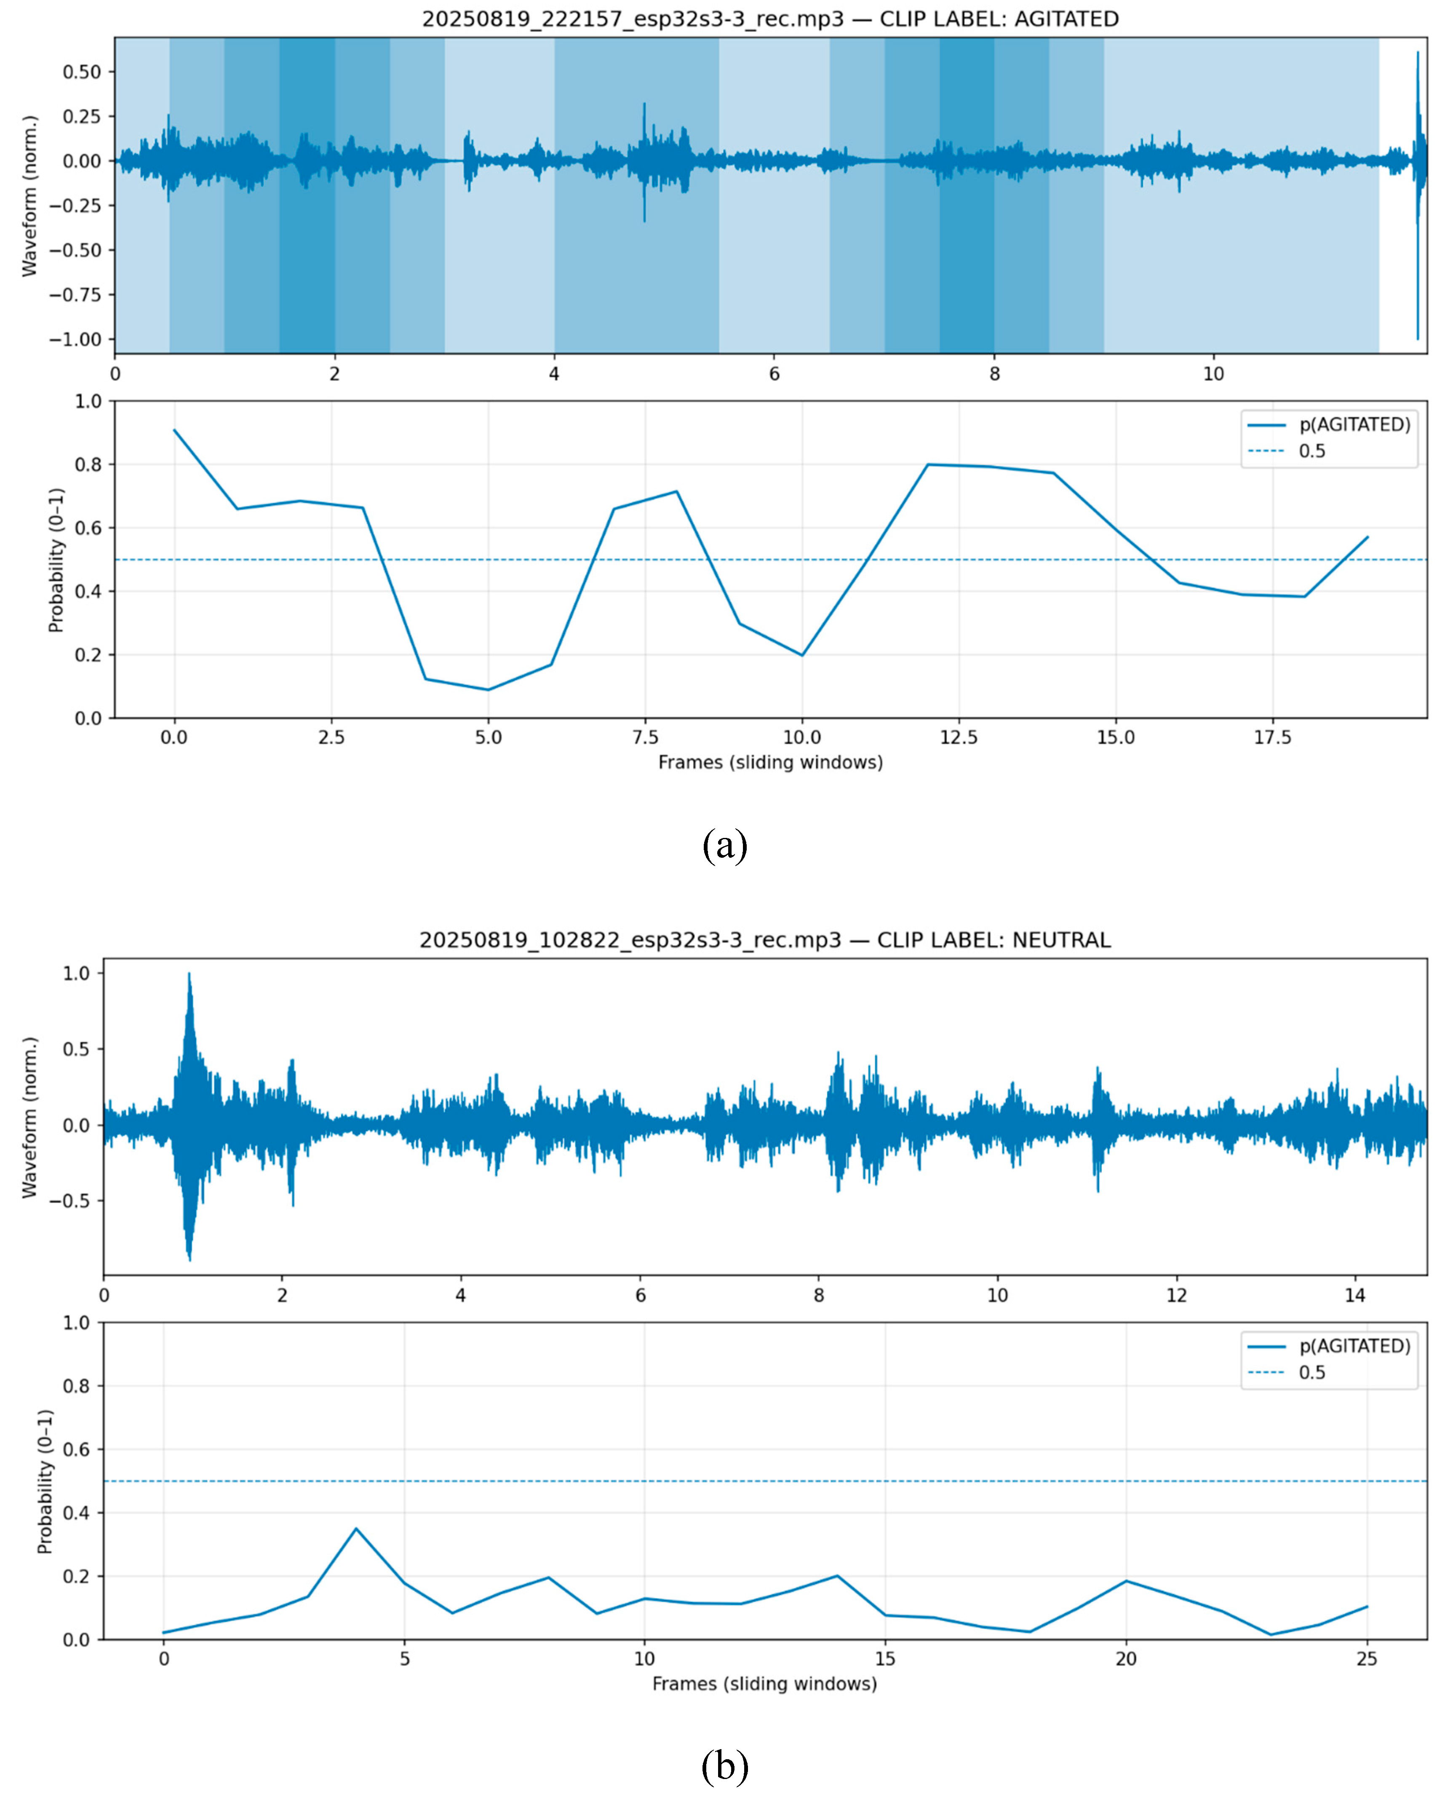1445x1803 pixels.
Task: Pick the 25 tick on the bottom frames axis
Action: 1366,1658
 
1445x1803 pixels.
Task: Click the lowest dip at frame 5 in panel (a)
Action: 489,690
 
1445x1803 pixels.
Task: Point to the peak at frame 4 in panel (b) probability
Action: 356,1529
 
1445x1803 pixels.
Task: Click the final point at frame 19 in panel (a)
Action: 1367,537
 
